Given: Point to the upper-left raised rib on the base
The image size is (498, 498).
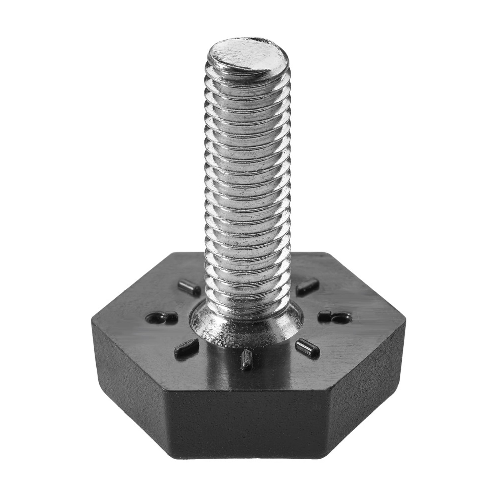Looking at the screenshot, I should [189, 288].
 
